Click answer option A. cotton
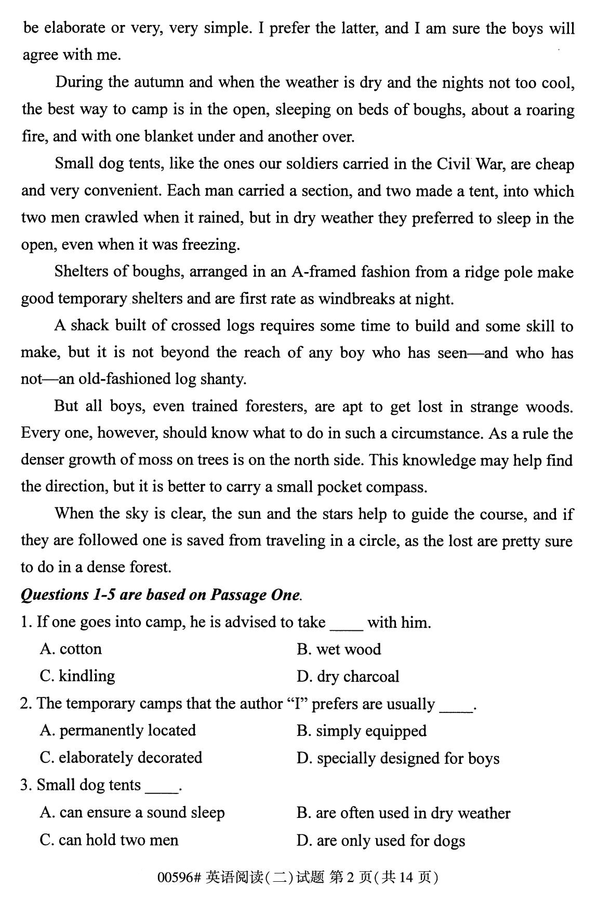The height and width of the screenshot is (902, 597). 71,649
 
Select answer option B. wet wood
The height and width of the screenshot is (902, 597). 339,649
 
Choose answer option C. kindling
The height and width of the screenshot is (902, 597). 77,676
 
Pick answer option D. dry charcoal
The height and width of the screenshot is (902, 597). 348,677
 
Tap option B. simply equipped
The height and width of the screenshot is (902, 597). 361,731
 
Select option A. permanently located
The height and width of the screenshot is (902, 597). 117,730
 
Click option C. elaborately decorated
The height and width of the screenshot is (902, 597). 121,758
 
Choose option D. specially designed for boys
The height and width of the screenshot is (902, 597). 397,758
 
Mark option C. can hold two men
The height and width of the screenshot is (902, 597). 109,840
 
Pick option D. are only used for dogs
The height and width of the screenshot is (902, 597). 380,840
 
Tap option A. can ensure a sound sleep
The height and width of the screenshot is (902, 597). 132,813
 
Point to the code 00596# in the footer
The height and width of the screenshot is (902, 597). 179,877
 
